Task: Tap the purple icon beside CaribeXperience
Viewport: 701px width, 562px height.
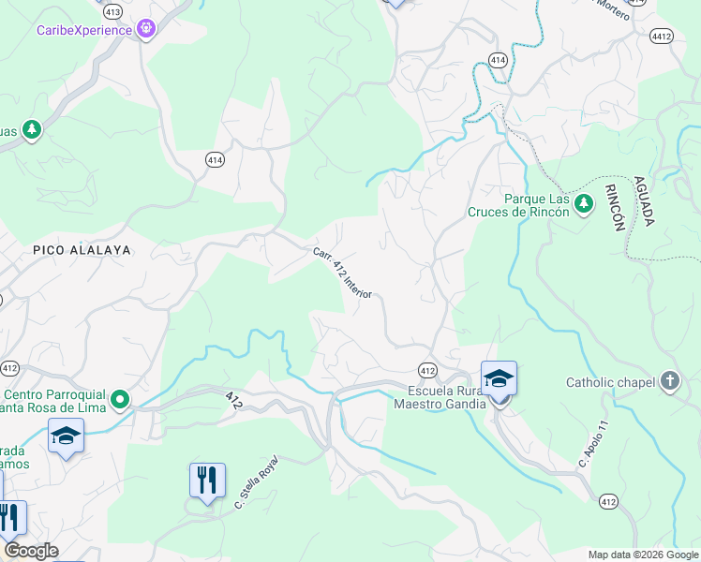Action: tap(145, 30)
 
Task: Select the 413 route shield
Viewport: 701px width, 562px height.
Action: tap(113, 11)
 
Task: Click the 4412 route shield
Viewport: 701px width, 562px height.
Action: tap(662, 36)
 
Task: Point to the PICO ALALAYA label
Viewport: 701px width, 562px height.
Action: tap(82, 250)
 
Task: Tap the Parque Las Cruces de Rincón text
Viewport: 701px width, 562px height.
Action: tap(518, 205)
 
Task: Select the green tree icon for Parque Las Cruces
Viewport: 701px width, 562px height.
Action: tap(584, 203)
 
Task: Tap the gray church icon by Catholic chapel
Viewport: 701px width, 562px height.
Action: tap(669, 381)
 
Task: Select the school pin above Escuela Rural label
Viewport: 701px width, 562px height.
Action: tap(499, 379)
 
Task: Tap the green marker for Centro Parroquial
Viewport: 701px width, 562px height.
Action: tap(119, 400)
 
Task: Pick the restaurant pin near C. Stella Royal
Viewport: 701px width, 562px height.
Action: tap(207, 481)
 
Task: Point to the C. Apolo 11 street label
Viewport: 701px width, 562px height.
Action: tap(595, 444)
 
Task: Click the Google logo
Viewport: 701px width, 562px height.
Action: tap(31, 551)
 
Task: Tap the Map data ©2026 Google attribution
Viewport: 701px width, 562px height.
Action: tap(642, 555)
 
